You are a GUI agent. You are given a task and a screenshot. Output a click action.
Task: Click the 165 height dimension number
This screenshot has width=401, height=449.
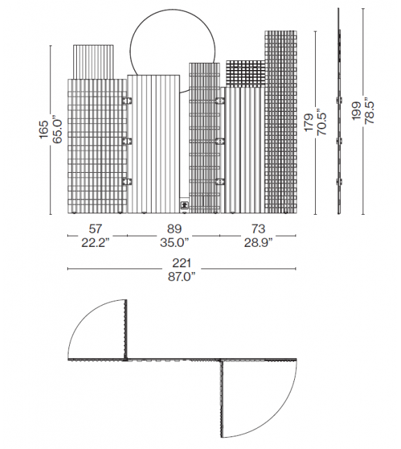pos(43,129)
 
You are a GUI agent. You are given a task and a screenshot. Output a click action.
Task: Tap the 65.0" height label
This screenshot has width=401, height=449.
pos(57,129)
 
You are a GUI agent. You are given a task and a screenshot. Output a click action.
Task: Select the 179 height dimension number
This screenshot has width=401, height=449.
pos(309,122)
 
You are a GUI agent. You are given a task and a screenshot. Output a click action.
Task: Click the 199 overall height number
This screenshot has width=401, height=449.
pos(356,111)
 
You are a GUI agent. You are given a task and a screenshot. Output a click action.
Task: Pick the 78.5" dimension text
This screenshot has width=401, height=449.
pos(370,112)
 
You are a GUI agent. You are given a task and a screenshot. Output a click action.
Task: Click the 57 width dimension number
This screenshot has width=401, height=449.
pos(95,229)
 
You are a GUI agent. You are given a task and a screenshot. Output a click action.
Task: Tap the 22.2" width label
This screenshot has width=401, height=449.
pos(95,243)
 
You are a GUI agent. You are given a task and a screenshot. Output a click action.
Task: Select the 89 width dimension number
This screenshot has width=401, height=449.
pos(174,229)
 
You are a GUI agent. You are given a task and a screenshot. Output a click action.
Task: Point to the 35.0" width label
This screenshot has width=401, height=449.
pos(174,243)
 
